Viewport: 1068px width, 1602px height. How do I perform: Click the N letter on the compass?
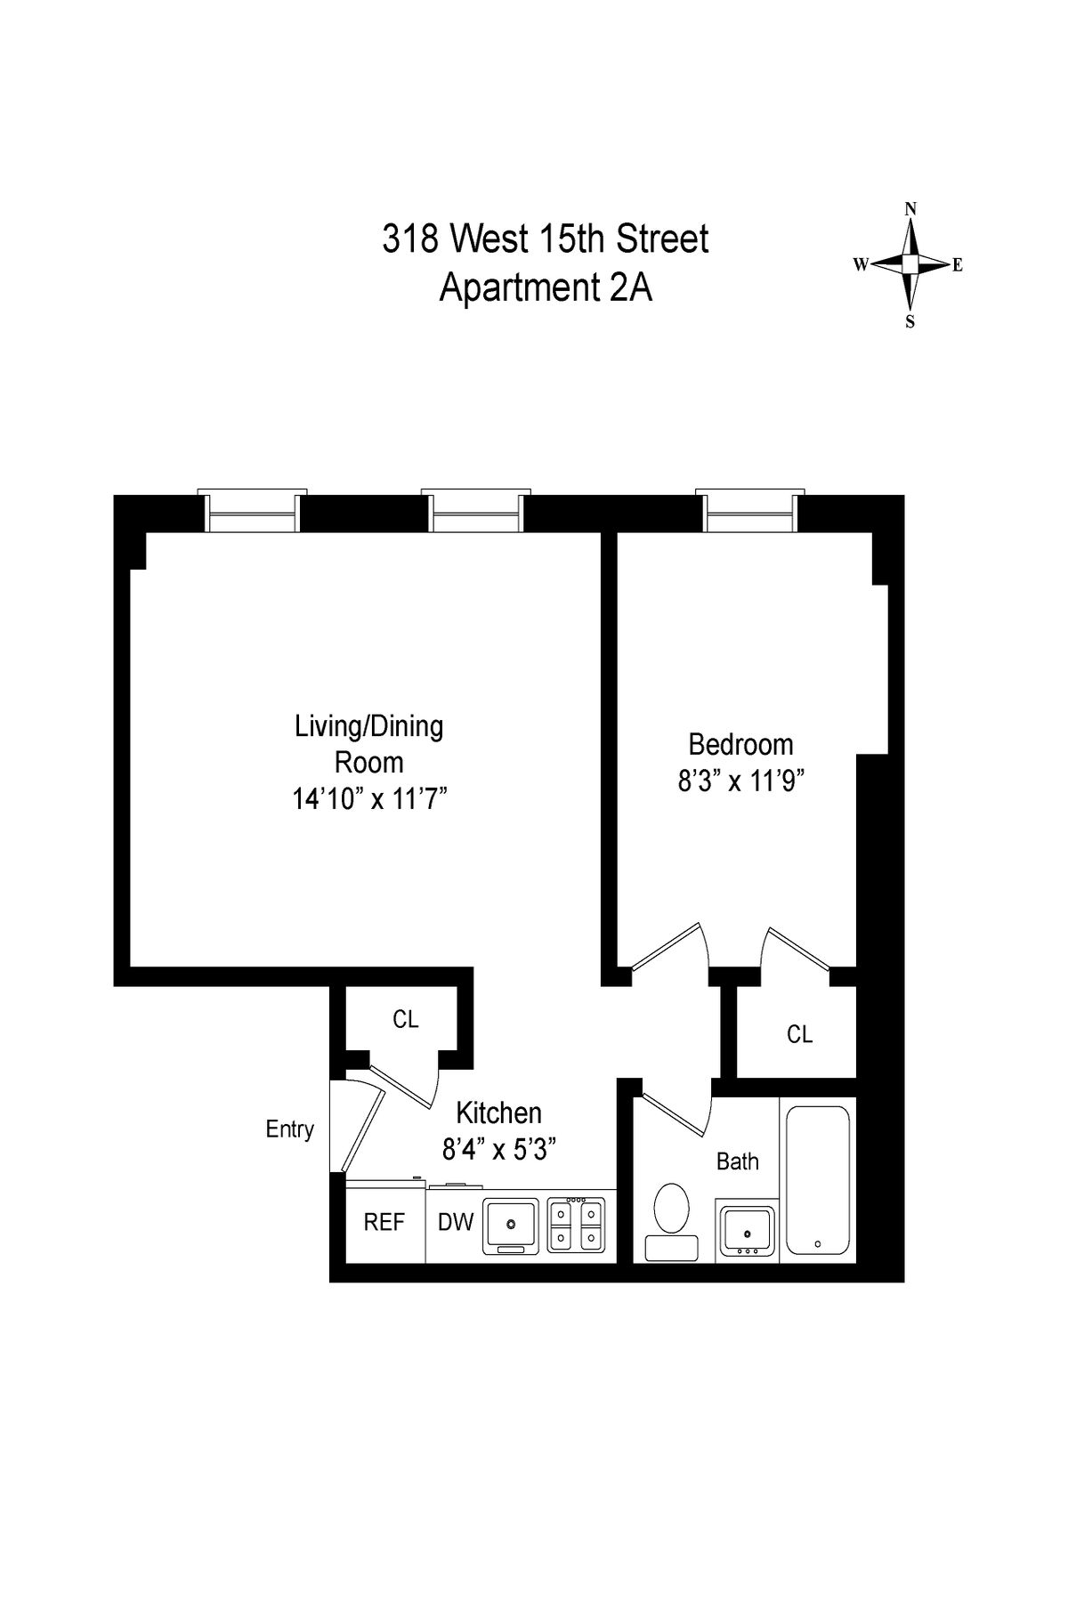click(910, 209)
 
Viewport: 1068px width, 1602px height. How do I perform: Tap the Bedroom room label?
click(740, 744)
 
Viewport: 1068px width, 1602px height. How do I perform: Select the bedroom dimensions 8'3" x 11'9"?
click(740, 781)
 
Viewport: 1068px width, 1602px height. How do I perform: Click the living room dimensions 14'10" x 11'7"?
click(368, 799)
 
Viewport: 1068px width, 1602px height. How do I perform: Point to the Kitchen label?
click(498, 1112)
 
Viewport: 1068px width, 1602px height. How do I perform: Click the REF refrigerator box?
click(384, 1222)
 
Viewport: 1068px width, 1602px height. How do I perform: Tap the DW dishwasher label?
click(455, 1222)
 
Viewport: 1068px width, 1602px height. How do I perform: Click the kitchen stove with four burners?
click(576, 1225)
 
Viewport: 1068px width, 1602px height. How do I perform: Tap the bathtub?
click(818, 1179)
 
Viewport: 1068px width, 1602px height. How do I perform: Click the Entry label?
click(289, 1129)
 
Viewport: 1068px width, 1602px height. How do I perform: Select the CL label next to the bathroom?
click(799, 1034)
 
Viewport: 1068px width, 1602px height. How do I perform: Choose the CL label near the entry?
click(405, 1020)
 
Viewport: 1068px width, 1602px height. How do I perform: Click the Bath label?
click(737, 1161)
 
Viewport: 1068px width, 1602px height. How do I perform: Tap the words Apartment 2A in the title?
click(546, 288)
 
